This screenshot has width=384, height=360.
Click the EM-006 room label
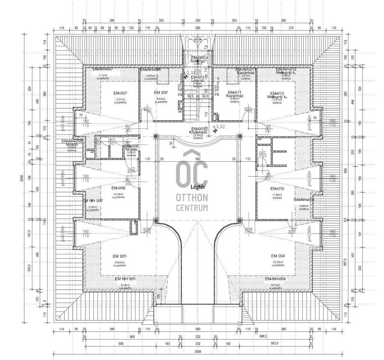(x=118, y=188)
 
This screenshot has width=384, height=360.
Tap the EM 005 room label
(x=120, y=256)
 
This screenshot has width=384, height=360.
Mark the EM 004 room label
(x=278, y=256)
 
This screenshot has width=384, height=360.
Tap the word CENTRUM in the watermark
(x=192, y=208)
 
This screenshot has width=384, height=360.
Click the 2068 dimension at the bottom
(x=198, y=352)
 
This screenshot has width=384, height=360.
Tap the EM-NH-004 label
(x=275, y=279)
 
